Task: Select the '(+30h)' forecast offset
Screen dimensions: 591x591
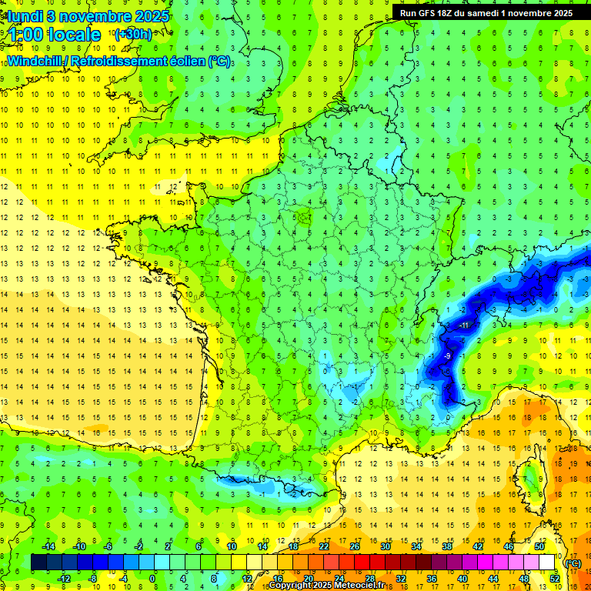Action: (x=132, y=34)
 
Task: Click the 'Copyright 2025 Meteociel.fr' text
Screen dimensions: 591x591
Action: (x=326, y=586)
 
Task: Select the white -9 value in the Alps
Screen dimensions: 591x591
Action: (x=446, y=356)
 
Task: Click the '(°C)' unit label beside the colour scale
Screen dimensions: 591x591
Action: (x=573, y=563)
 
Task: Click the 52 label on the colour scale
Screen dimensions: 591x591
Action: (x=554, y=579)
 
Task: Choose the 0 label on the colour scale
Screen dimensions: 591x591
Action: (x=152, y=579)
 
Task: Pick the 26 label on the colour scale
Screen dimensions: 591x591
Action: (x=355, y=546)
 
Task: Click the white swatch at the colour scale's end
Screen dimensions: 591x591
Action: (x=547, y=563)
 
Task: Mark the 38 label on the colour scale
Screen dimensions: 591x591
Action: (x=446, y=546)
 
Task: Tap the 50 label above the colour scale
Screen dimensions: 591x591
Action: (x=539, y=546)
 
